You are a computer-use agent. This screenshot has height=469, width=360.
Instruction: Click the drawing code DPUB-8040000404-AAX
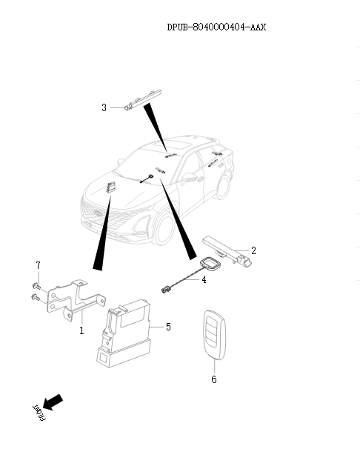(x=216, y=27)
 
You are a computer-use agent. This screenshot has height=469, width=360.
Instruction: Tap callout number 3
(x=104, y=107)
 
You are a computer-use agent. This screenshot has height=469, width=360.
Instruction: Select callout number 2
(x=253, y=250)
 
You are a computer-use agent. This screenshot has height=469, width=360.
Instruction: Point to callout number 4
(x=204, y=279)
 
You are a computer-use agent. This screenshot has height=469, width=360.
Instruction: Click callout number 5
(x=168, y=327)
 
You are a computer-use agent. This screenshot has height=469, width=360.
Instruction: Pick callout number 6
(x=214, y=379)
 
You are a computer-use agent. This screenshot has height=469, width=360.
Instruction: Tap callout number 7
(x=38, y=265)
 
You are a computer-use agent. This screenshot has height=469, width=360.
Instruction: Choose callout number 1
(x=81, y=330)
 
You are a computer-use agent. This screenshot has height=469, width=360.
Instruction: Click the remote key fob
(x=215, y=335)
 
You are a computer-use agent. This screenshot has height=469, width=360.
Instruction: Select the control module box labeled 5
(x=124, y=333)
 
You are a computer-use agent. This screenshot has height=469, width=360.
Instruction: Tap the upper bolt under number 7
(x=36, y=286)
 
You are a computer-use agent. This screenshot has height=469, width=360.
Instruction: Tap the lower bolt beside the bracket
(x=36, y=297)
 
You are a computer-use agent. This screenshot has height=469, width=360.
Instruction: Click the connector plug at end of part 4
(x=166, y=289)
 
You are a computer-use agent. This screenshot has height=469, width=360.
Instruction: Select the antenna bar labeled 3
(x=143, y=99)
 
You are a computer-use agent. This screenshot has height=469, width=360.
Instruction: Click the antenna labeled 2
(x=227, y=250)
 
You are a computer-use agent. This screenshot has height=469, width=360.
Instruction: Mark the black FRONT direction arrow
(x=53, y=402)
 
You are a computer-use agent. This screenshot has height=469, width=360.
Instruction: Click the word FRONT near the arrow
(x=39, y=413)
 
